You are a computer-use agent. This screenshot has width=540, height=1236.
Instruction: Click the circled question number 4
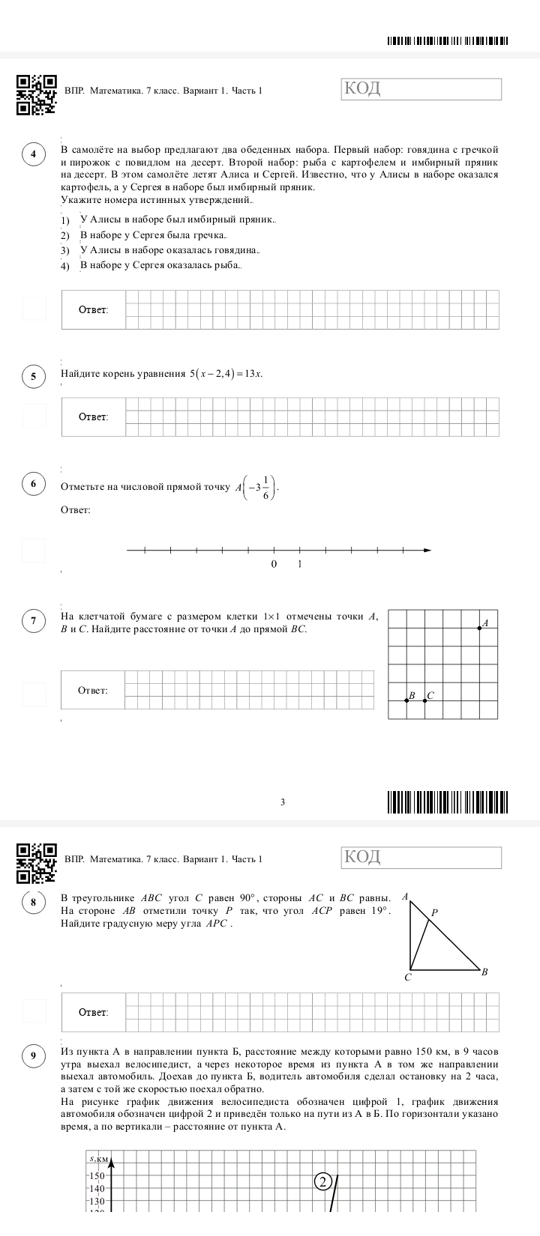pyautogui.click(x=34, y=155)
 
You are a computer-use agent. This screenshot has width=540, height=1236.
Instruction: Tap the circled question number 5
pyautogui.click(x=34, y=376)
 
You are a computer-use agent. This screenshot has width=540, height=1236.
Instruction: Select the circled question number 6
pyautogui.click(x=34, y=484)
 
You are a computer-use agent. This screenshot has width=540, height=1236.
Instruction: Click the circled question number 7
pyautogui.click(x=34, y=620)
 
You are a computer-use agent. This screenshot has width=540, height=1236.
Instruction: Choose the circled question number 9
pyautogui.click(x=34, y=1057)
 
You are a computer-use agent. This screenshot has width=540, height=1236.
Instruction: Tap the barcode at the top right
pyautogui.click(x=448, y=40)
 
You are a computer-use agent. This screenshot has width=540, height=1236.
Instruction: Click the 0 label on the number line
pyautogui.click(x=274, y=564)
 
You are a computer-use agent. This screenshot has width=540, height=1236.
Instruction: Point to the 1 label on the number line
pyautogui.click(x=300, y=564)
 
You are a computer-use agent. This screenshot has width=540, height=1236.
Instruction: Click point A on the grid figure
pyautogui.click(x=480, y=628)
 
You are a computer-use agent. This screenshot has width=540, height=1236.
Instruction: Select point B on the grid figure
pyautogui.click(x=406, y=700)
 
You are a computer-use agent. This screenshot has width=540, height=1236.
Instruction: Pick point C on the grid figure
pyautogui.click(x=424, y=700)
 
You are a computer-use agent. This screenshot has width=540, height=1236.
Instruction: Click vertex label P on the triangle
pyautogui.click(x=434, y=913)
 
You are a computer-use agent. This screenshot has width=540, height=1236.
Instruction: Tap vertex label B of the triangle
pyautogui.click(x=484, y=972)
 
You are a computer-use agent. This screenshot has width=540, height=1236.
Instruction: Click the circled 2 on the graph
pyautogui.click(x=322, y=1182)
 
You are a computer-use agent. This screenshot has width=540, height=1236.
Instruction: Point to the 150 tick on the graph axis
pyautogui.click(x=98, y=1176)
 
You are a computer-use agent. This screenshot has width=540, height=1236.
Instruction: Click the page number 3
pyautogui.click(x=282, y=802)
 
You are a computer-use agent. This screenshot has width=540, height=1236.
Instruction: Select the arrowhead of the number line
pyautogui.click(x=427, y=551)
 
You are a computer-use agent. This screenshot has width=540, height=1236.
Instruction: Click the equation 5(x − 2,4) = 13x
pyautogui.click(x=226, y=374)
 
